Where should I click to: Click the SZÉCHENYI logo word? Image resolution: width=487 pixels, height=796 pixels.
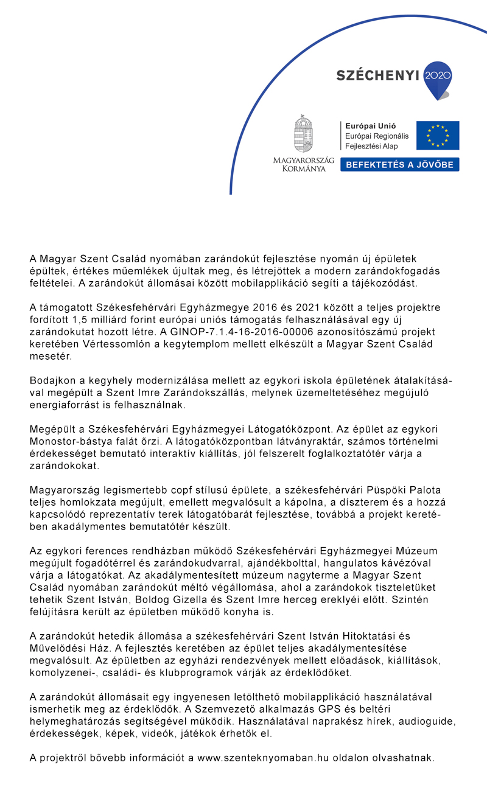(x=377, y=75)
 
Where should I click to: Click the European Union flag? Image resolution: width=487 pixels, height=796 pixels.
(x=438, y=135)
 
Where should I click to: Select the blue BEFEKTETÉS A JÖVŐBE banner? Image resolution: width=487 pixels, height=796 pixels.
(x=400, y=164)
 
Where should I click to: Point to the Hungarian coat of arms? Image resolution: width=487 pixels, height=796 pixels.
(x=304, y=133)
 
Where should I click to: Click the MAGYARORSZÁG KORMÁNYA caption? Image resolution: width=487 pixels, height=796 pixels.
(x=304, y=164)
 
